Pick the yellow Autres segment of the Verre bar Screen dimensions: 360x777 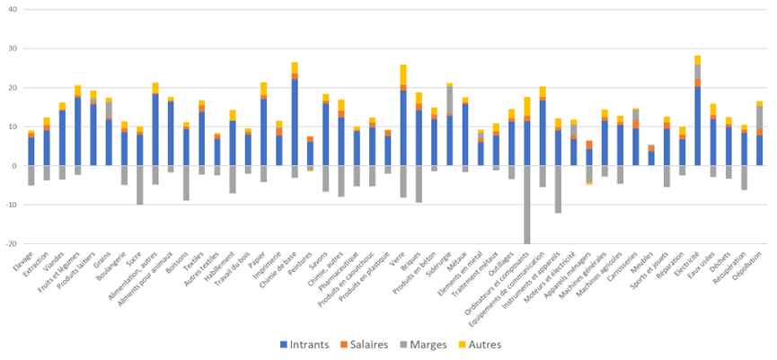pyautogui.click(x=403, y=75)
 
